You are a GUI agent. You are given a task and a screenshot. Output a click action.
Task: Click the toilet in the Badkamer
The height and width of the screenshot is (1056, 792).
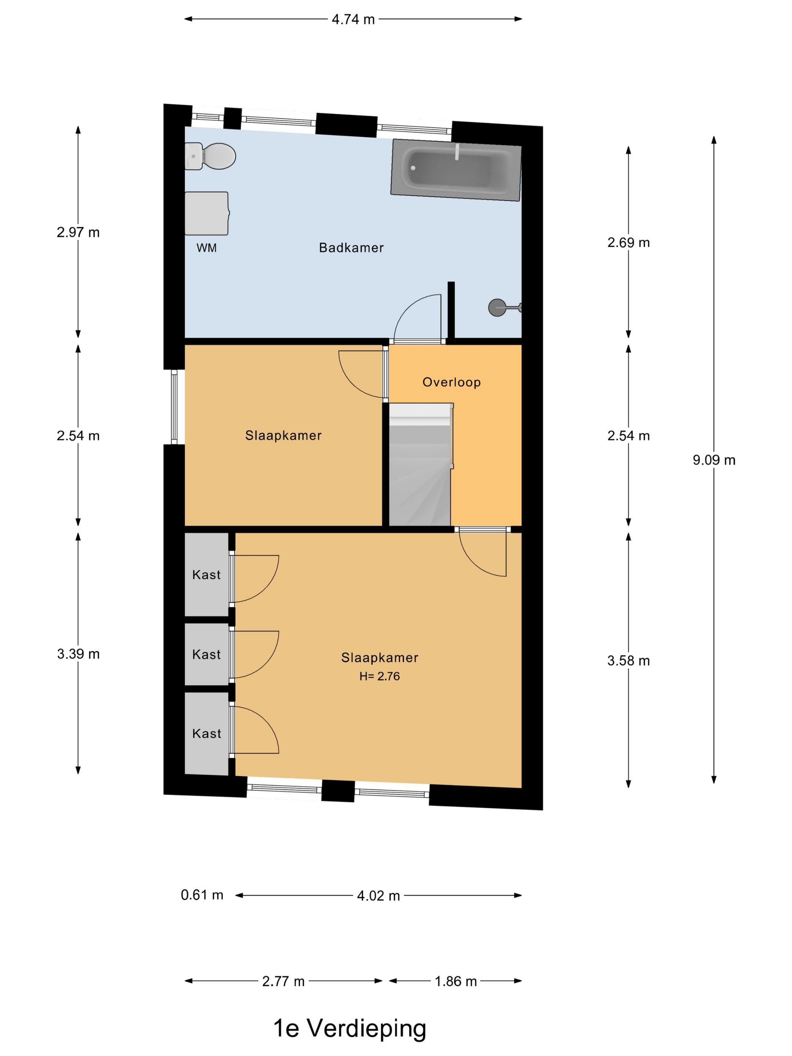click(210, 156)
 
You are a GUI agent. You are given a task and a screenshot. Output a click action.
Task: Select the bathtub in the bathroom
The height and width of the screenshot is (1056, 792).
click(456, 170)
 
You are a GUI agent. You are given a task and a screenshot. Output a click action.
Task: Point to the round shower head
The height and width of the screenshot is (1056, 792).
click(496, 307)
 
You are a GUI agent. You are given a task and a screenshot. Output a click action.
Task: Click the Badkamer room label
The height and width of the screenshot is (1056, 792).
click(351, 248)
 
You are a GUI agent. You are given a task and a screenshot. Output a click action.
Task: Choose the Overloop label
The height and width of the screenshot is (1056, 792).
click(451, 382)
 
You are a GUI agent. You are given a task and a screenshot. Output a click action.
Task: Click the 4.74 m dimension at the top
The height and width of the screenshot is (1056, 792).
click(353, 20)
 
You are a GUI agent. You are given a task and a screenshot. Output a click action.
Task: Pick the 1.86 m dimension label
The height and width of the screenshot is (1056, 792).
click(456, 982)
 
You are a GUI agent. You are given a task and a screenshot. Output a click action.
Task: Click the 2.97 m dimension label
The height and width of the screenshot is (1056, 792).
click(78, 232)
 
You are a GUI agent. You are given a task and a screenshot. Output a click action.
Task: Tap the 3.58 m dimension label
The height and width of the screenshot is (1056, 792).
click(629, 661)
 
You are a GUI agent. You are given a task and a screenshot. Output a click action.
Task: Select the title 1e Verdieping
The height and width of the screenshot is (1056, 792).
click(350, 1028)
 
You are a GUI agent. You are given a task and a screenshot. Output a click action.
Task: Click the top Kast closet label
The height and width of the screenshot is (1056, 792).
click(207, 575)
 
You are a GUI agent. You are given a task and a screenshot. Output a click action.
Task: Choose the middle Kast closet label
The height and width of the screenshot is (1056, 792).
click(207, 654)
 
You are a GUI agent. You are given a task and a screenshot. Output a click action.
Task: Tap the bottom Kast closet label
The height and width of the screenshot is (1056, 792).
click(207, 734)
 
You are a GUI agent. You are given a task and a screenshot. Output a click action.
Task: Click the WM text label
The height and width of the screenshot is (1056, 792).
click(207, 248)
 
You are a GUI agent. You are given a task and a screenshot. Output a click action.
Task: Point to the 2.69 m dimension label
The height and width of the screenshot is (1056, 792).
click(629, 243)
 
